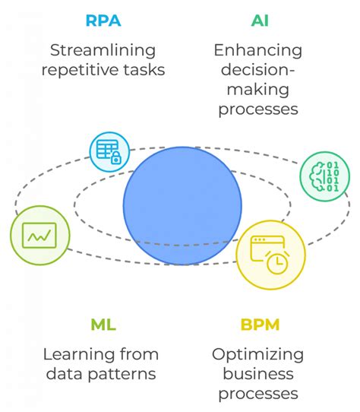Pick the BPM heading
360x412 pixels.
[260, 325]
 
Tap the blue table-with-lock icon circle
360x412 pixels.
[109, 151]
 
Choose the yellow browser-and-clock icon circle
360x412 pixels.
[271, 255]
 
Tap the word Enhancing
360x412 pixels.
[259, 51]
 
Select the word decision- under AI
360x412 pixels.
[259, 71]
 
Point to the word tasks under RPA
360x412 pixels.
[144, 71]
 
